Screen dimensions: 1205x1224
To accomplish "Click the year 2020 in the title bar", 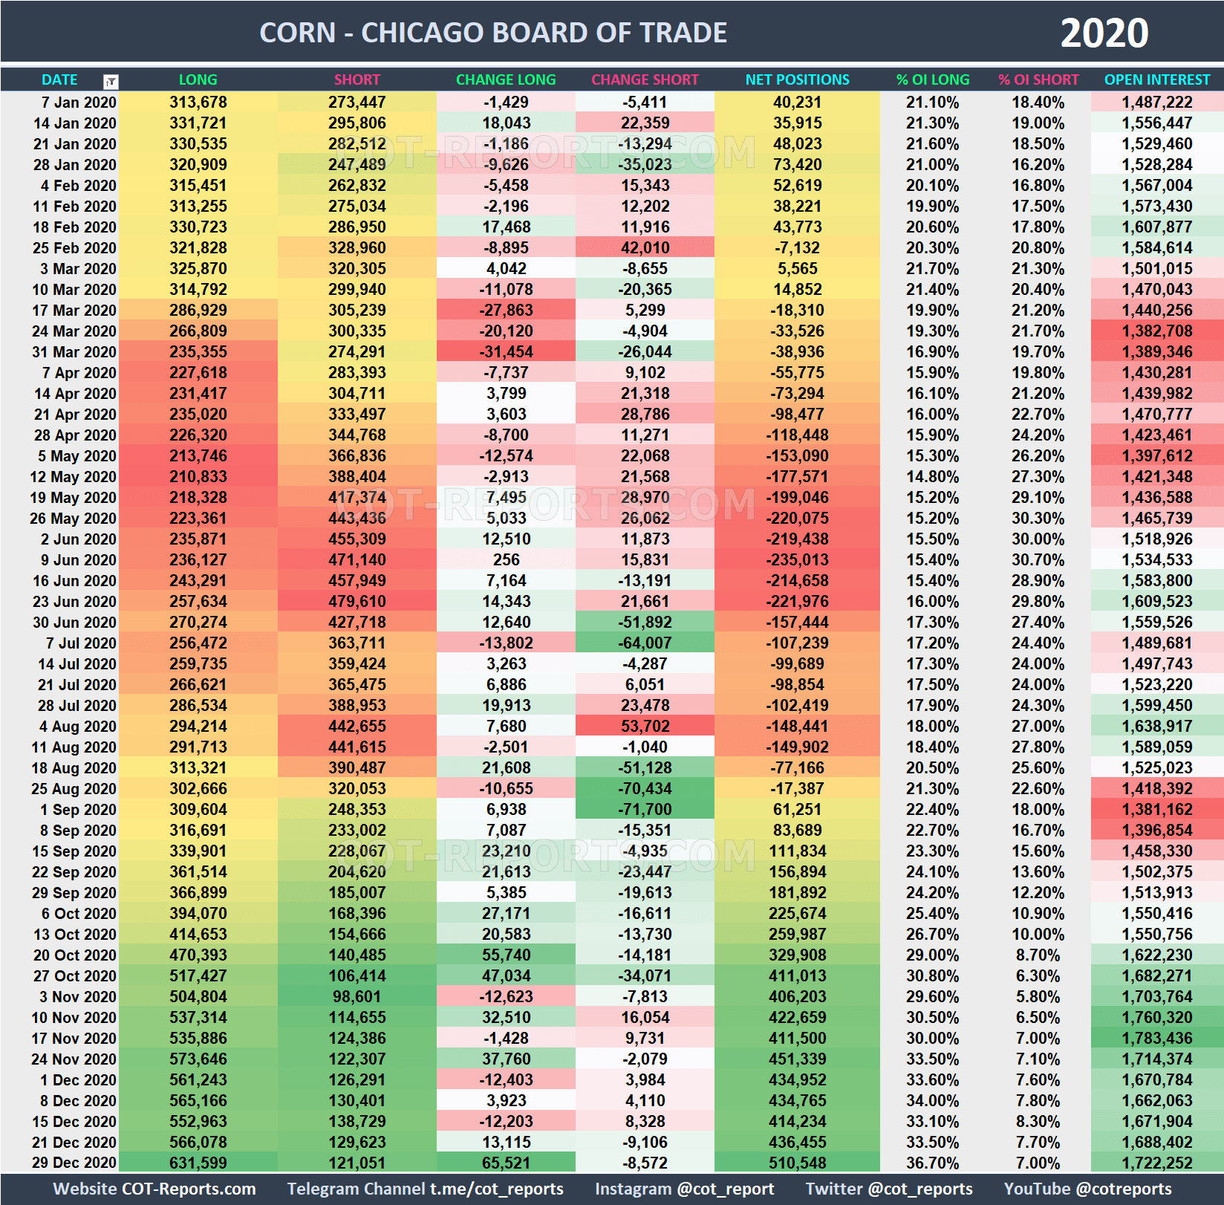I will (x=1104, y=33).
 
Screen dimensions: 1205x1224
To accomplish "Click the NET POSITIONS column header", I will (x=797, y=79).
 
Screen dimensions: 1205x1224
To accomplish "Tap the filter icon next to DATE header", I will (x=111, y=81).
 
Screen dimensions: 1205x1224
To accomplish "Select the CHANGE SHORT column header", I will (x=645, y=79).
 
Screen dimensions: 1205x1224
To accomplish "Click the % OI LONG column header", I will (x=932, y=79).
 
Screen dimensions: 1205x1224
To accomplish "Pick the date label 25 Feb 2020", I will (x=74, y=248).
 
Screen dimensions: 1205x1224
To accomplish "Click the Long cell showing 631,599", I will (x=198, y=1163).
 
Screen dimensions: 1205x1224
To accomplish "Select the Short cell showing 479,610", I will (x=357, y=601).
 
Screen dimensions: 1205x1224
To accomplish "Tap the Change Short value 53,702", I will (x=645, y=726).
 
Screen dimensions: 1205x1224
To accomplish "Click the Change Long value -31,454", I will (x=506, y=351).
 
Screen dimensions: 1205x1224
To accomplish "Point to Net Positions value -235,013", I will (x=797, y=559).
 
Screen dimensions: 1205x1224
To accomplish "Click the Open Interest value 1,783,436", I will (x=1156, y=1038).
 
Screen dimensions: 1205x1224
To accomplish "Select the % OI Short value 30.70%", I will (x=1038, y=559).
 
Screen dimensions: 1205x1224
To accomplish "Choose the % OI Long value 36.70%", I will (x=932, y=1163).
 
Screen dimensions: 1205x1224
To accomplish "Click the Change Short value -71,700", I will (x=645, y=809).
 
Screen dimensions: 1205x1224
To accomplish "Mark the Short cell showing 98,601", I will (x=357, y=996).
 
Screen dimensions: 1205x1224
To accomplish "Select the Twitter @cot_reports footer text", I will (x=888, y=1189).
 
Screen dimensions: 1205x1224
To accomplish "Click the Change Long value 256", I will (x=506, y=559).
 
